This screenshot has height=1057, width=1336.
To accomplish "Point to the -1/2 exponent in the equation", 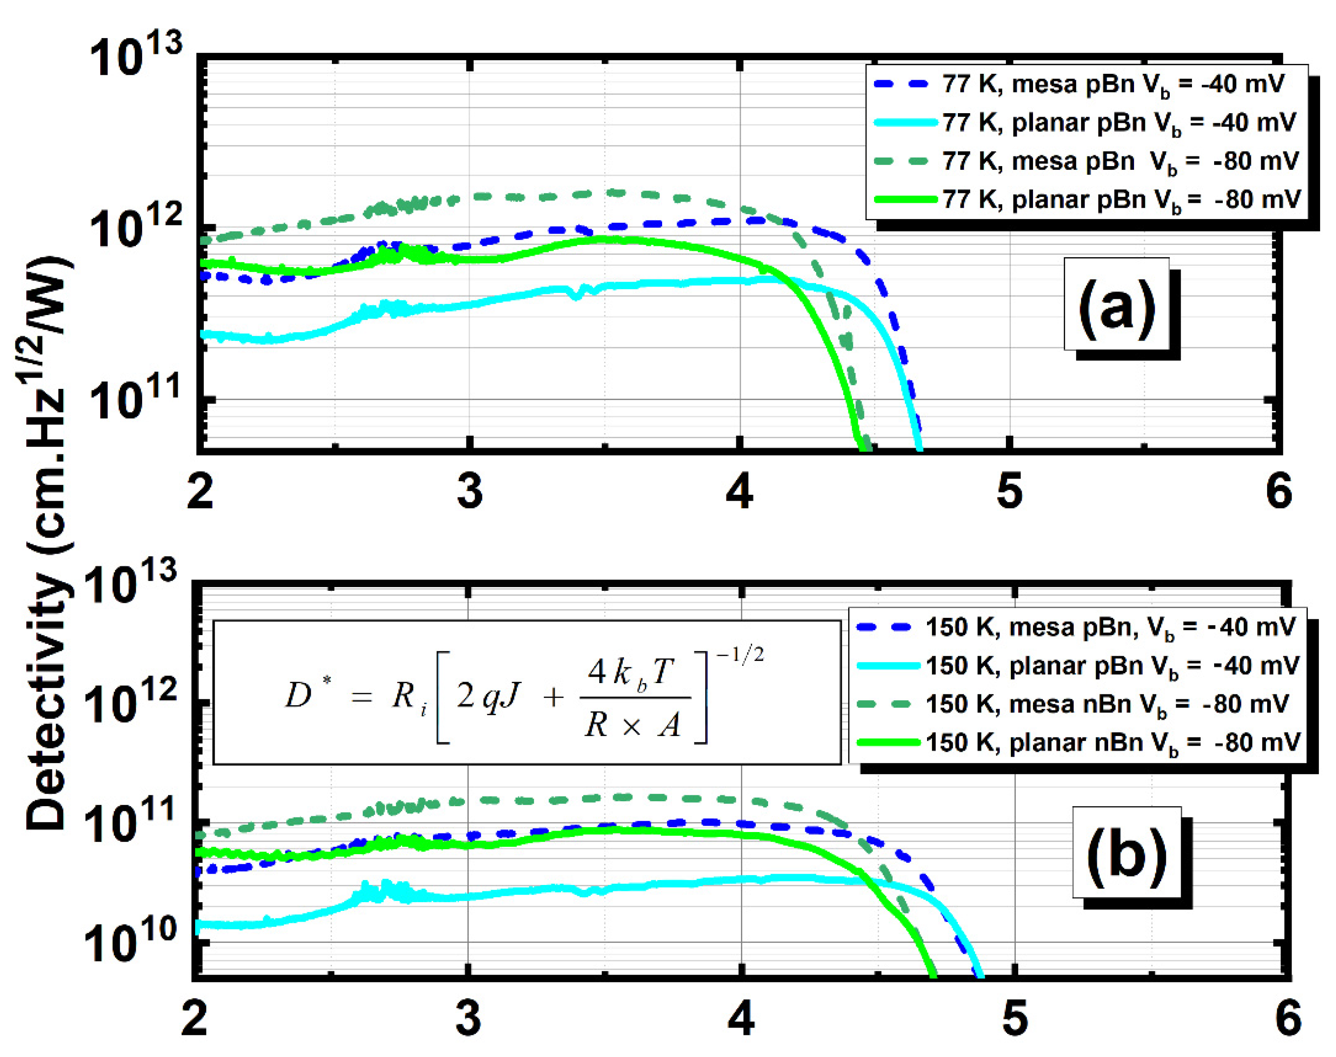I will pyautogui.click(x=740, y=654).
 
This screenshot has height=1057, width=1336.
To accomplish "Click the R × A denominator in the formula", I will pyautogui.click(x=633, y=725).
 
